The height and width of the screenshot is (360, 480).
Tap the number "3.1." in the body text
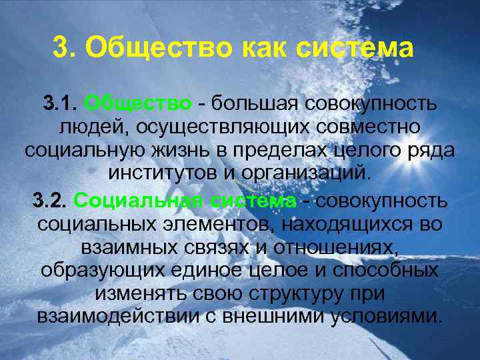pyautogui.click(x=62, y=105)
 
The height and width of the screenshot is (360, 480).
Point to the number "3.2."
pyautogui.click(x=49, y=201)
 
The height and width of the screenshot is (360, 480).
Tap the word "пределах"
pyautogui.click(x=293, y=150)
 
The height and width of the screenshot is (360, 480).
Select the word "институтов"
pyautogui.click(x=161, y=173)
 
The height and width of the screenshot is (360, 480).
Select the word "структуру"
pyautogui.click(x=297, y=293)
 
